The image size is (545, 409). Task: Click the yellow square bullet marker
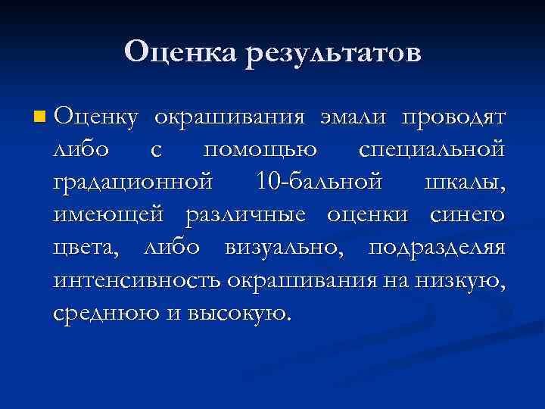click(39, 117)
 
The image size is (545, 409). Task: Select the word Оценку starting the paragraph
click(95, 118)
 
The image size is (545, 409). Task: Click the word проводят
click(453, 118)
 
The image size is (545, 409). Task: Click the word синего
click(466, 215)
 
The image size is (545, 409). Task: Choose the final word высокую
click(240, 313)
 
